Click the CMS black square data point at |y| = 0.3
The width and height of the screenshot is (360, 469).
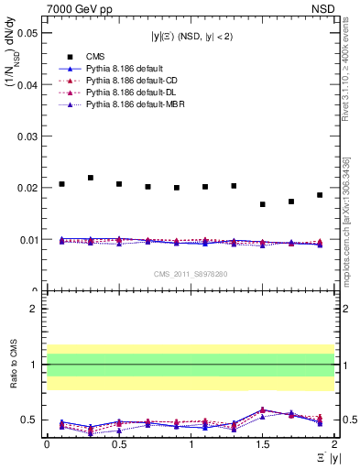[90, 178]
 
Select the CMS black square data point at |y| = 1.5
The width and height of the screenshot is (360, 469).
[262, 204]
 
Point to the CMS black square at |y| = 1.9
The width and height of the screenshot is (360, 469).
[320, 195]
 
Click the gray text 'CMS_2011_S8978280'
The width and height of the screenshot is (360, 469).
[191, 273]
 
